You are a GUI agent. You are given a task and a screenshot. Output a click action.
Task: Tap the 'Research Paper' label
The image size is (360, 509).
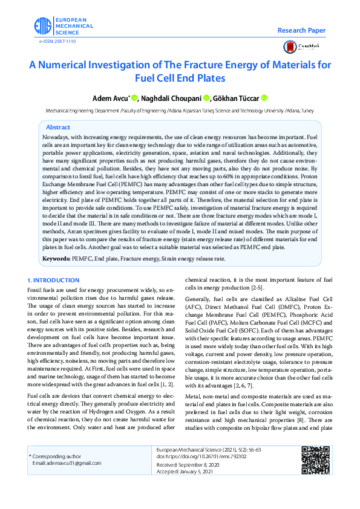point(301,30)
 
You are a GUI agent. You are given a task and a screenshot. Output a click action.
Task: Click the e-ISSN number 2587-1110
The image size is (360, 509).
point(58,41)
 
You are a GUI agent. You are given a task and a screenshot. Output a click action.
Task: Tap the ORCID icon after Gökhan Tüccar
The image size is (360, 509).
point(264,98)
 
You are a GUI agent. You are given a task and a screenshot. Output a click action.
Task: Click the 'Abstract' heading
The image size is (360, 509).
point(58,128)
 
